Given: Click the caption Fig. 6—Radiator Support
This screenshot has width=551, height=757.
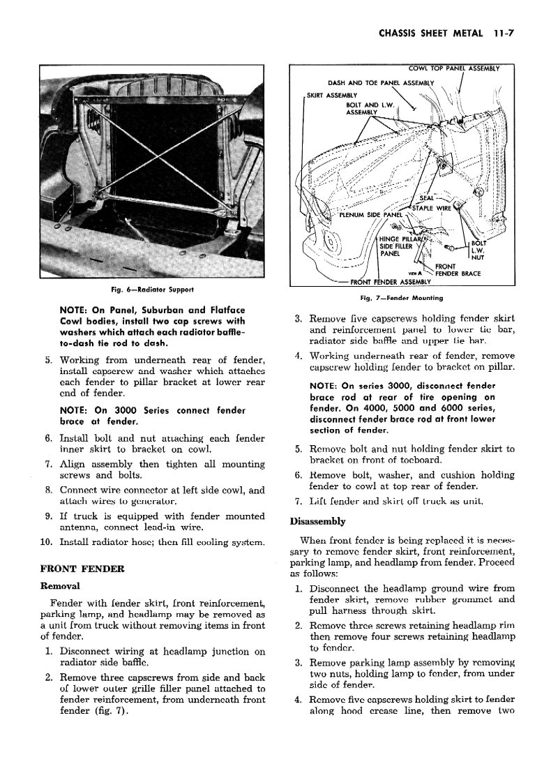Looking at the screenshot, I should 153,289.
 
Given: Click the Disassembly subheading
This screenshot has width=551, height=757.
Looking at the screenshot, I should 319,520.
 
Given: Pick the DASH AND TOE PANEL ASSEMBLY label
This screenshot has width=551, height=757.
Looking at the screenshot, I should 381,83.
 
